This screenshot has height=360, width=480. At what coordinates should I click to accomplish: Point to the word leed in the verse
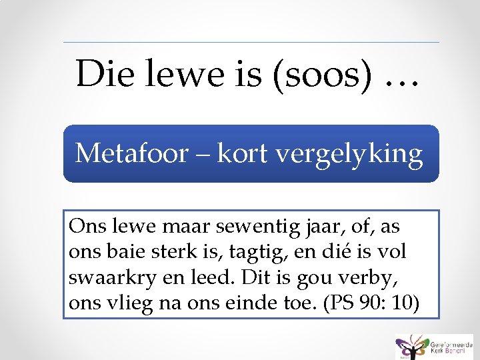207,277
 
